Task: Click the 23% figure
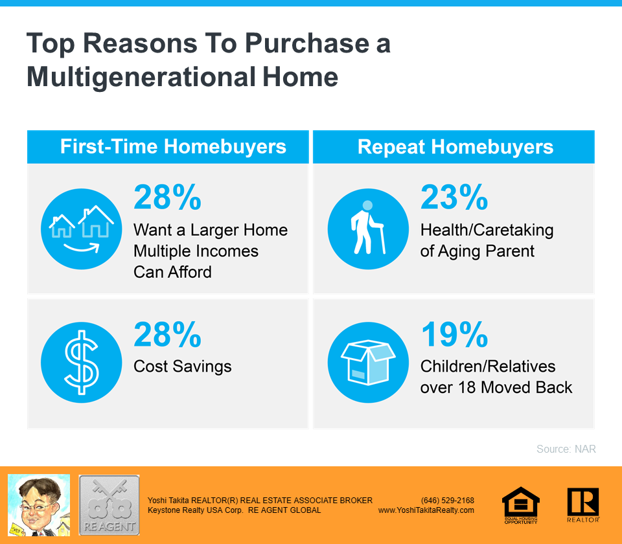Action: click(454, 197)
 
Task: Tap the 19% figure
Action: click(454, 335)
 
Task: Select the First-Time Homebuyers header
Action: click(173, 146)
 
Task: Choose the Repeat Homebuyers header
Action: click(455, 147)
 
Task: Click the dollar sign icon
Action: click(82, 363)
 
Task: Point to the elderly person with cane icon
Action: click(368, 229)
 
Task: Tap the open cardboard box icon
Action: click(368, 363)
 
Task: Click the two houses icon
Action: click(82, 229)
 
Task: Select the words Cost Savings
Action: click(183, 367)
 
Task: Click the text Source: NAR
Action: click(566, 449)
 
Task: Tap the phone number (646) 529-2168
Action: click(448, 501)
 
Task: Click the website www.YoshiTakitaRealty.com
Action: click(426, 510)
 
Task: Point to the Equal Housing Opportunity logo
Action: click(521, 505)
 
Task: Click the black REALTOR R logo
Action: click(583, 504)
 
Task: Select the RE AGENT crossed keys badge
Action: click(109, 505)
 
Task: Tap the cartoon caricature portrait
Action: click(39, 505)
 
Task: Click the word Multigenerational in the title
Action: click(141, 77)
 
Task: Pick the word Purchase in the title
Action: click(307, 43)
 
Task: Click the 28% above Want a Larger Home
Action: click(167, 197)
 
